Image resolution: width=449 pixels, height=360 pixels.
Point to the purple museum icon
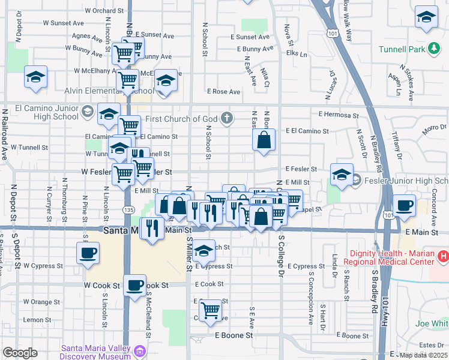(140, 350)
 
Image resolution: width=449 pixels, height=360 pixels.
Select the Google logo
(20, 353)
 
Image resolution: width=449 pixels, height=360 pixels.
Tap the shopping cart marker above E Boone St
(210, 310)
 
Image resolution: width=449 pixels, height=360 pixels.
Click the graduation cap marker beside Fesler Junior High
(341, 174)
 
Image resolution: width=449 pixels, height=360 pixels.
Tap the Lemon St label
(37, 320)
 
